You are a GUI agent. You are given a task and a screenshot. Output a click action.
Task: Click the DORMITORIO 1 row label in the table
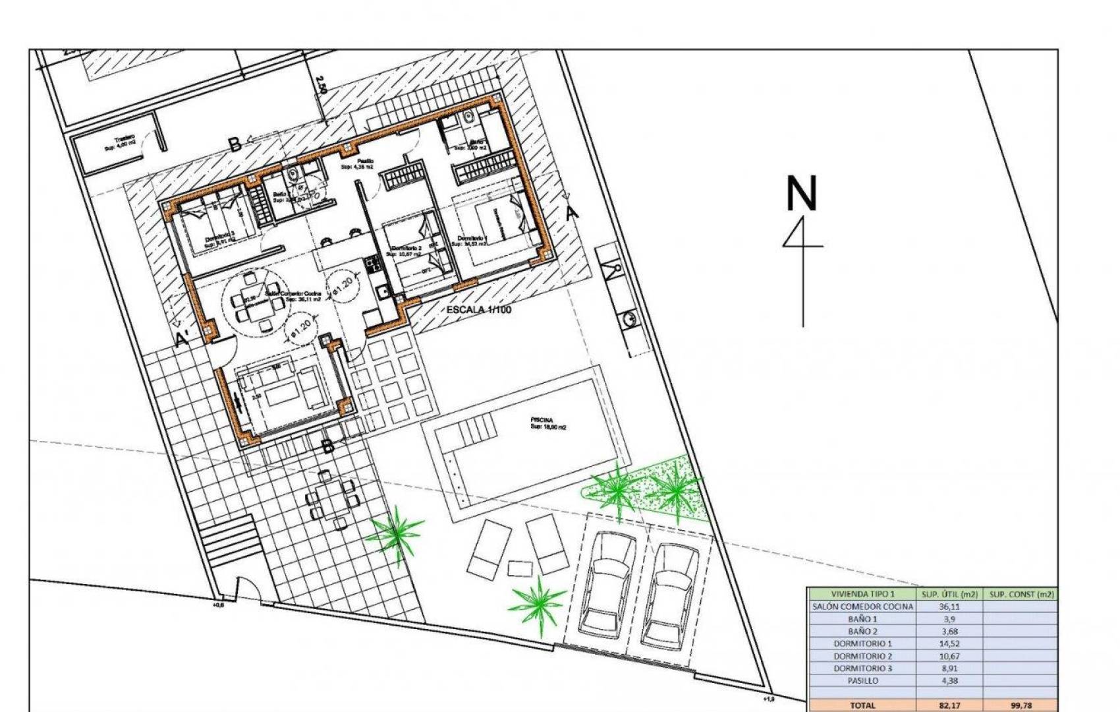coord(862,643)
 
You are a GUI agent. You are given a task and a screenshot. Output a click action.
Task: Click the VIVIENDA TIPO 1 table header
coord(862,594)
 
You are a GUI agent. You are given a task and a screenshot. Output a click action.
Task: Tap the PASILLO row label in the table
coord(862,680)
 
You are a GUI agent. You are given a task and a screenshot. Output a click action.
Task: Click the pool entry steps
coord(472,432)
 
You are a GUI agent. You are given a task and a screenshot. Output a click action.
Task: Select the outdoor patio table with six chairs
coord(333,497)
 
